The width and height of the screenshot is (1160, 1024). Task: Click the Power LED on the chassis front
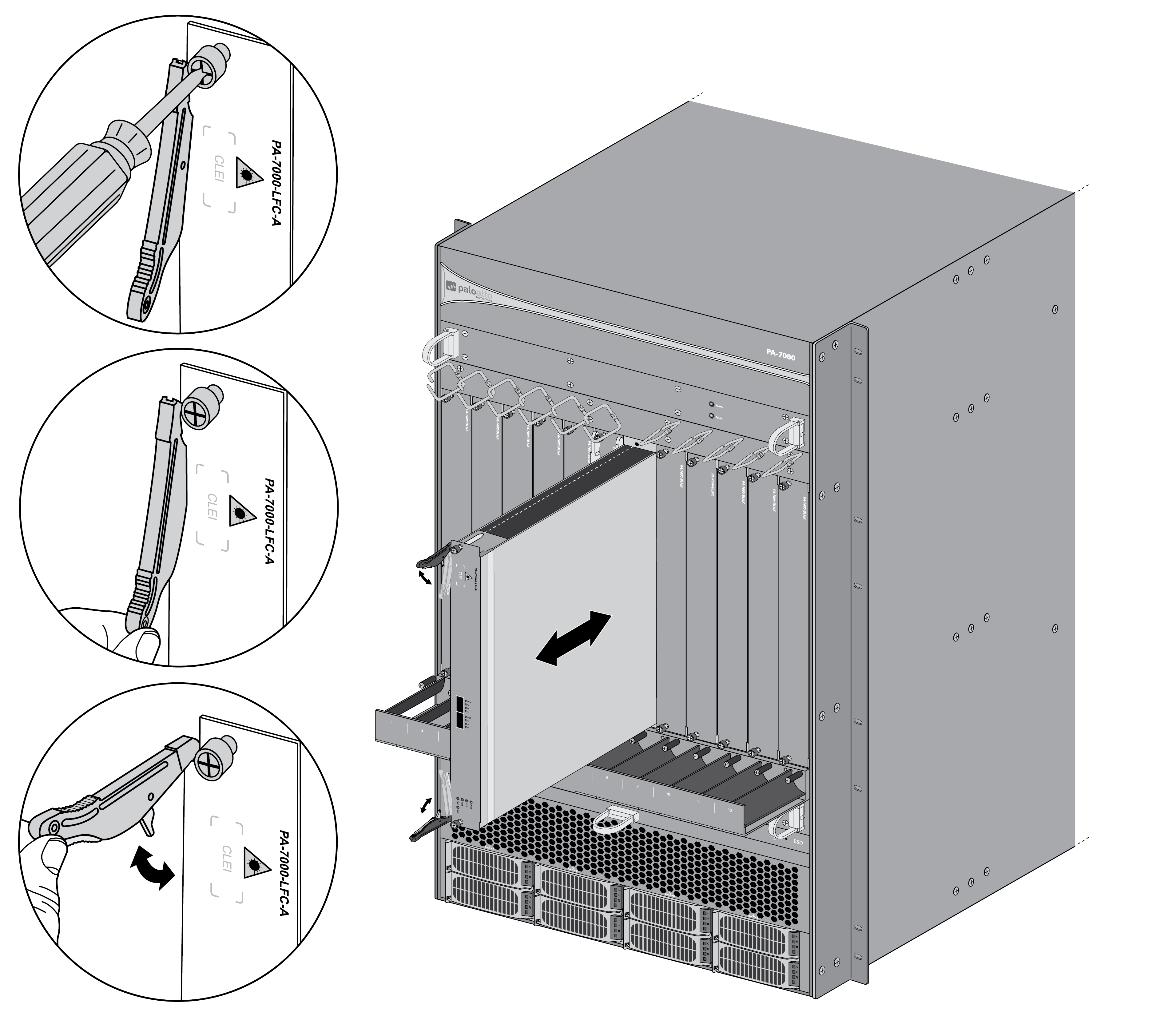point(712,405)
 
